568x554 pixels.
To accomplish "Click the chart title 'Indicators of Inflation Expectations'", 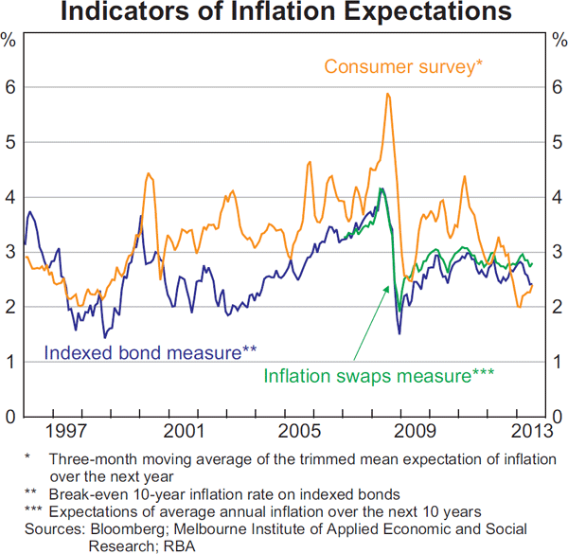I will point(284,13).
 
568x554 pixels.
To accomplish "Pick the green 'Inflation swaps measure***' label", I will point(379,376).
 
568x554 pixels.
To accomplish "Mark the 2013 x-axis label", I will point(530,432).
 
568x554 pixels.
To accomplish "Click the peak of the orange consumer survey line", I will point(388,94).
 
